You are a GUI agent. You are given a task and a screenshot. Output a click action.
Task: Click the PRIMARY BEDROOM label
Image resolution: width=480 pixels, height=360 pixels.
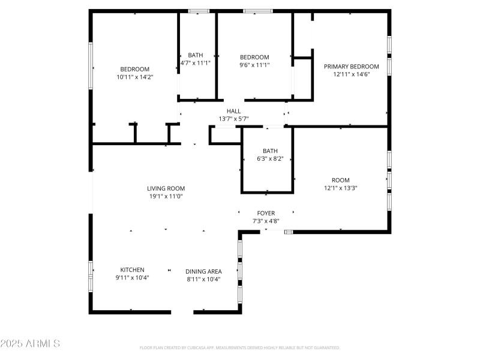[x=352, y=67]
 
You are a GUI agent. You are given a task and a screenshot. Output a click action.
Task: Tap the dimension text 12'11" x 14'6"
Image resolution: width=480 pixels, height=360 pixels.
[x=352, y=75]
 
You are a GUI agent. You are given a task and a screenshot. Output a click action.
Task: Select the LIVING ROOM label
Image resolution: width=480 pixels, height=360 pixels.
[x=166, y=188]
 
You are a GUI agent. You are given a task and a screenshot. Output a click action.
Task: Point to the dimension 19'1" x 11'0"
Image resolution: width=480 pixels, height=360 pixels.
[x=166, y=196]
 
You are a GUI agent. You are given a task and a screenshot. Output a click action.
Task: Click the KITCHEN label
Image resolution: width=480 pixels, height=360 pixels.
[x=132, y=270]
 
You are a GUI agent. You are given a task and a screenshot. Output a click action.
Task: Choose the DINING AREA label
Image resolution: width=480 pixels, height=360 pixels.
[x=203, y=271]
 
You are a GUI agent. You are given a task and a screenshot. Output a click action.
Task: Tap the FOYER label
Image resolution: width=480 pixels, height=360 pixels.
[x=266, y=213]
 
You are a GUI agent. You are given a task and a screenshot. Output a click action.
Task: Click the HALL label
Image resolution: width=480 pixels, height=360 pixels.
[x=233, y=111]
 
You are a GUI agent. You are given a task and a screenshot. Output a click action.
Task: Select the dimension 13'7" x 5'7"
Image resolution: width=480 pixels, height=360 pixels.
[x=233, y=119]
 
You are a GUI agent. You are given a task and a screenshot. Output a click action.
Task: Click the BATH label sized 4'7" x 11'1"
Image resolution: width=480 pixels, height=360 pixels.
[x=196, y=55]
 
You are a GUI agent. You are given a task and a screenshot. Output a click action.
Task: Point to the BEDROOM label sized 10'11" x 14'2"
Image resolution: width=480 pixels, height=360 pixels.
[x=134, y=69]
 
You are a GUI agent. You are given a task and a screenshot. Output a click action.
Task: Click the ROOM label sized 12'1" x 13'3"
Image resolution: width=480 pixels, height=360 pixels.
[x=340, y=180]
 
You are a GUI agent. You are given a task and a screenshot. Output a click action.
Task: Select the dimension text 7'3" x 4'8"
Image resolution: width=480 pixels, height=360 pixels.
[x=266, y=221]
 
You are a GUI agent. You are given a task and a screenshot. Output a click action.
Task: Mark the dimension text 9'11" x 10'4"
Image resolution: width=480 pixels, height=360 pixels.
[x=132, y=278]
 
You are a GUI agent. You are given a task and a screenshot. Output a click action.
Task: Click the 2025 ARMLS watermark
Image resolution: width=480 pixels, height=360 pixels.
[x=30, y=344]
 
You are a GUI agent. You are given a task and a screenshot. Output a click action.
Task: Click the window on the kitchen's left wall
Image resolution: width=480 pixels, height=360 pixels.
[x=91, y=276]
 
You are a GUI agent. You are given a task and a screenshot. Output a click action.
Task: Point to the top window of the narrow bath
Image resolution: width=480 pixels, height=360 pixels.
[x=199, y=11]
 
